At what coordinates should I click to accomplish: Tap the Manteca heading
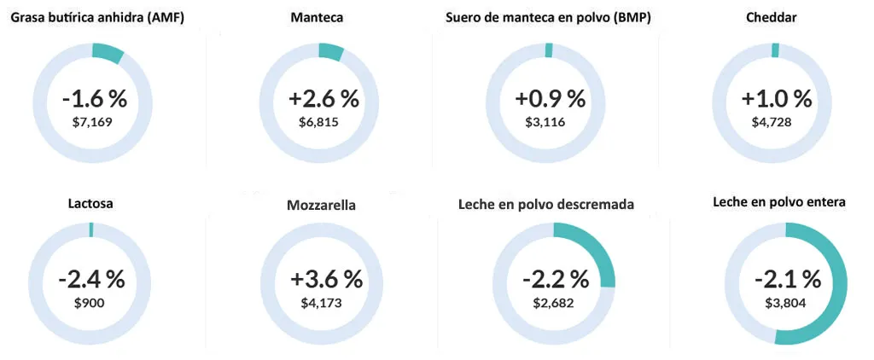pyautogui.click(x=318, y=17)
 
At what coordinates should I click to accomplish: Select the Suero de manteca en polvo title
pyautogui.click(x=548, y=17)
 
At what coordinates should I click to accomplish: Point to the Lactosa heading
pyautogui.click(x=90, y=204)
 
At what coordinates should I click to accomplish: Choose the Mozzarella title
pyautogui.click(x=322, y=206)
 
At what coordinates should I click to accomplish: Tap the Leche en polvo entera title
pyautogui.click(x=779, y=203)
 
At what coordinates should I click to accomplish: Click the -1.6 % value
pyautogui.click(x=94, y=99)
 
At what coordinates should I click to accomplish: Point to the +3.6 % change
pyautogui.click(x=326, y=280)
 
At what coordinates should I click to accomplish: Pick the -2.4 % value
pyautogui.click(x=91, y=280)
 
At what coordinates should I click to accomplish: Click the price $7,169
pyautogui.click(x=93, y=123)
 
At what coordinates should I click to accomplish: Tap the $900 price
pyautogui.click(x=90, y=303)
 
